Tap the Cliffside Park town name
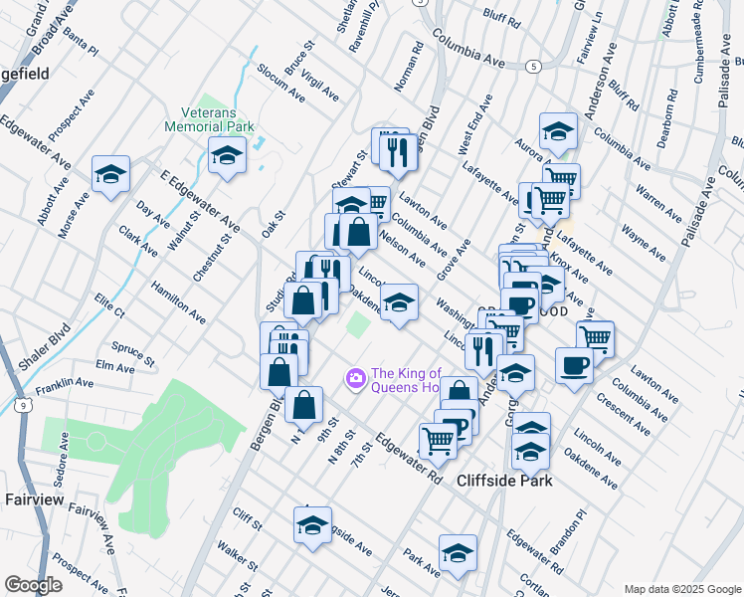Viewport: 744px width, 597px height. [x=504, y=481]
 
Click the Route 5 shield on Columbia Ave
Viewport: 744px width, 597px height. [x=534, y=67]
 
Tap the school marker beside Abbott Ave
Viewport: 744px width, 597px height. [x=110, y=175]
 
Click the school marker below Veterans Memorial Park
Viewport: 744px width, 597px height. [x=228, y=155]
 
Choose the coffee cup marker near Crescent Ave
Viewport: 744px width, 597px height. [x=574, y=365]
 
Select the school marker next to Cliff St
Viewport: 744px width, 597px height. [x=312, y=524]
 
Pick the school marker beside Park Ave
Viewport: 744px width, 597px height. [x=458, y=552]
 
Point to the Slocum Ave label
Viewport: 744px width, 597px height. [x=280, y=85]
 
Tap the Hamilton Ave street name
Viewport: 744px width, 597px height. [x=178, y=300]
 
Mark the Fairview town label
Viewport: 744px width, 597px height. [x=34, y=497]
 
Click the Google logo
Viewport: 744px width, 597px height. [x=33, y=584]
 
